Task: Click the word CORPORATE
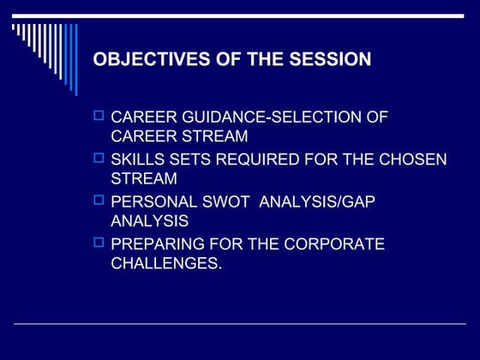[329, 244]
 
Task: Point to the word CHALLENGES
[166, 265]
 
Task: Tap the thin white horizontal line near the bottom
[240, 323]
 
